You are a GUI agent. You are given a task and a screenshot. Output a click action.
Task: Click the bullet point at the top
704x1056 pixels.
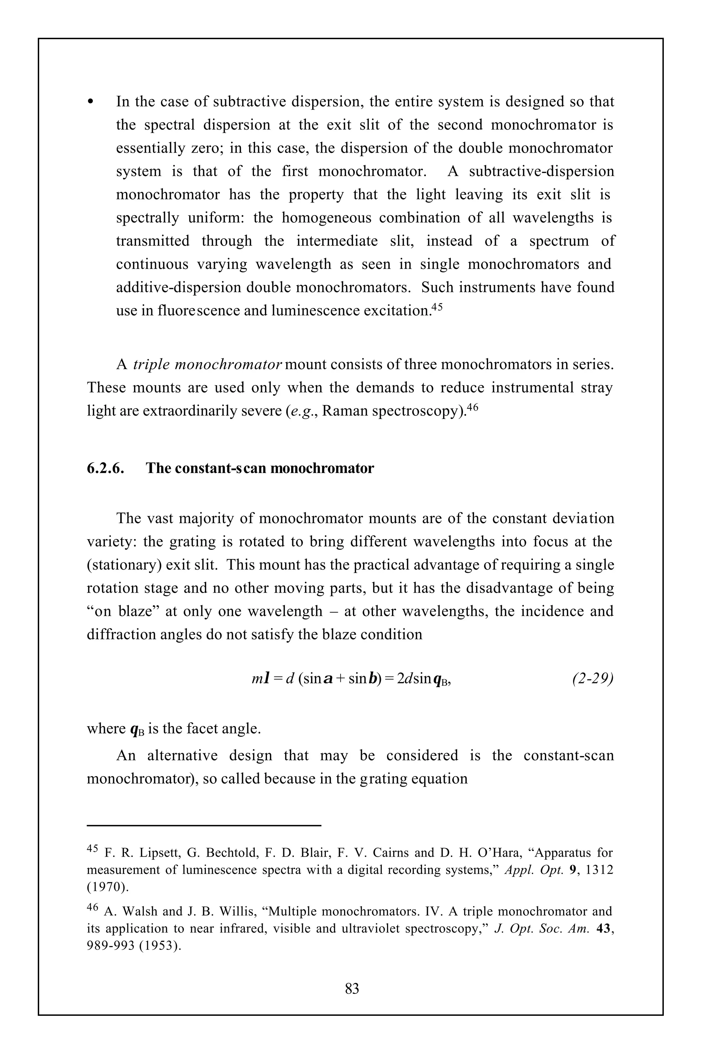[x=91, y=101]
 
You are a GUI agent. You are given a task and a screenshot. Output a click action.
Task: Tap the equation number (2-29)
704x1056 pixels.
[x=593, y=679]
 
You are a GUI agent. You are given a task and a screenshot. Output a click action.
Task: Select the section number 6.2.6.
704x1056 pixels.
[x=106, y=468]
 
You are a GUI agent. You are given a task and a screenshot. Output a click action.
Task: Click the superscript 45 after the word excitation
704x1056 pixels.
[x=437, y=308]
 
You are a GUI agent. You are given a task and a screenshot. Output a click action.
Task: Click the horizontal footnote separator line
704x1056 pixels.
[x=204, y=825]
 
